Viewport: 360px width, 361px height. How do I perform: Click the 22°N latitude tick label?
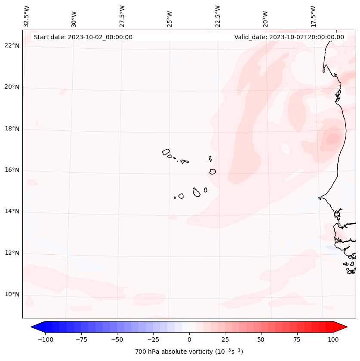click(x=12, y=46)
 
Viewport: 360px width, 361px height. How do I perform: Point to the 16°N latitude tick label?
click(x=12, y=170)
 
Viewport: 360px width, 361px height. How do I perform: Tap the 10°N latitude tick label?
click(x=12, y=294)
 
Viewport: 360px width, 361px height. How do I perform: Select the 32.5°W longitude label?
click(x=27, y=16)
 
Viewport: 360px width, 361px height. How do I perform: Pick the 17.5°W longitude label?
click(x=313, y=16)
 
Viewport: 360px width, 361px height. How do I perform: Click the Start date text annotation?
click(x=83, y=37)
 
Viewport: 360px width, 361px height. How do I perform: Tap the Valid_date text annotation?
click(x=289, y=37)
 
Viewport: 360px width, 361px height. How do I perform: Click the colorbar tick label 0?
click(x=189, y=339)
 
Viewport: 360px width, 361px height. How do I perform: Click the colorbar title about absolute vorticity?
click(x=189, y=352)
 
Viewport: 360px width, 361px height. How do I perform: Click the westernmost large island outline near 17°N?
click(x=166, y=151)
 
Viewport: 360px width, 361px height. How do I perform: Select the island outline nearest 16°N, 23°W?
click(x=212, y=171)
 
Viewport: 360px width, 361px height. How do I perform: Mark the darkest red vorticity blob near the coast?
click(x=333, y=139)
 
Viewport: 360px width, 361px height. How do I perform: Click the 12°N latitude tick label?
click(x=12, y=253)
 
